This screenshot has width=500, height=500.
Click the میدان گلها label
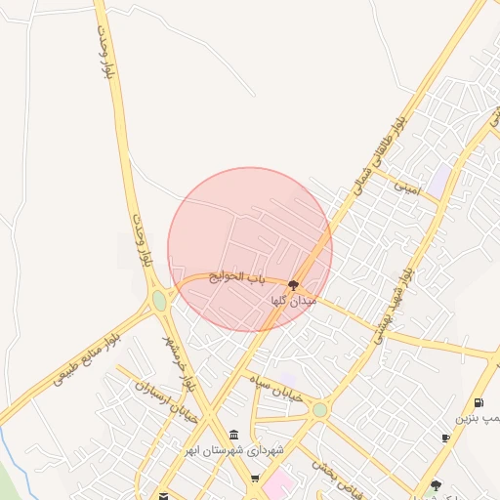coord(294,302)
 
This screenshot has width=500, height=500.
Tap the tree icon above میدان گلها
coord(293,285)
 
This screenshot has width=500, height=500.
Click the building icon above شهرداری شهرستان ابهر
coord(233,436)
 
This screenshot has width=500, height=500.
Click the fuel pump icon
coord(478,402)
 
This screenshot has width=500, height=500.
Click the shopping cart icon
coord(255,479)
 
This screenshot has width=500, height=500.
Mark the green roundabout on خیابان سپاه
coord(319,410)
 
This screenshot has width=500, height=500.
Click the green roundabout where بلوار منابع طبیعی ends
coord(159,301)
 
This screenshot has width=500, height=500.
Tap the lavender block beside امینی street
coord(440,178)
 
